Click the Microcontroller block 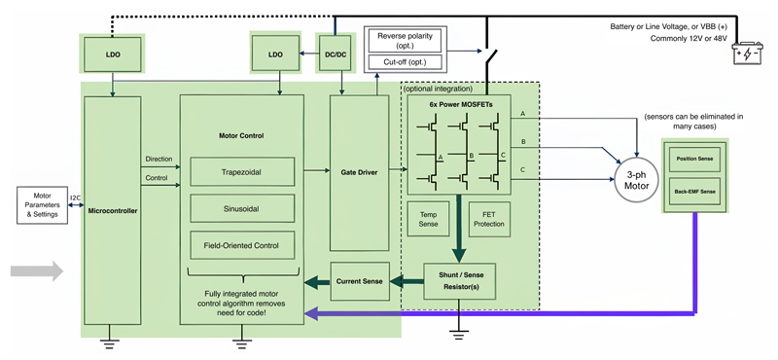[x=114, y=209]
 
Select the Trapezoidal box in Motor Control [x=242, y=172]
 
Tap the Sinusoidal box [x=242, y=208]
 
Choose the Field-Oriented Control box [x=242, y=245]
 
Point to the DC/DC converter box [x=336, y=54]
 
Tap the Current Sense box [x=359, y=282]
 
